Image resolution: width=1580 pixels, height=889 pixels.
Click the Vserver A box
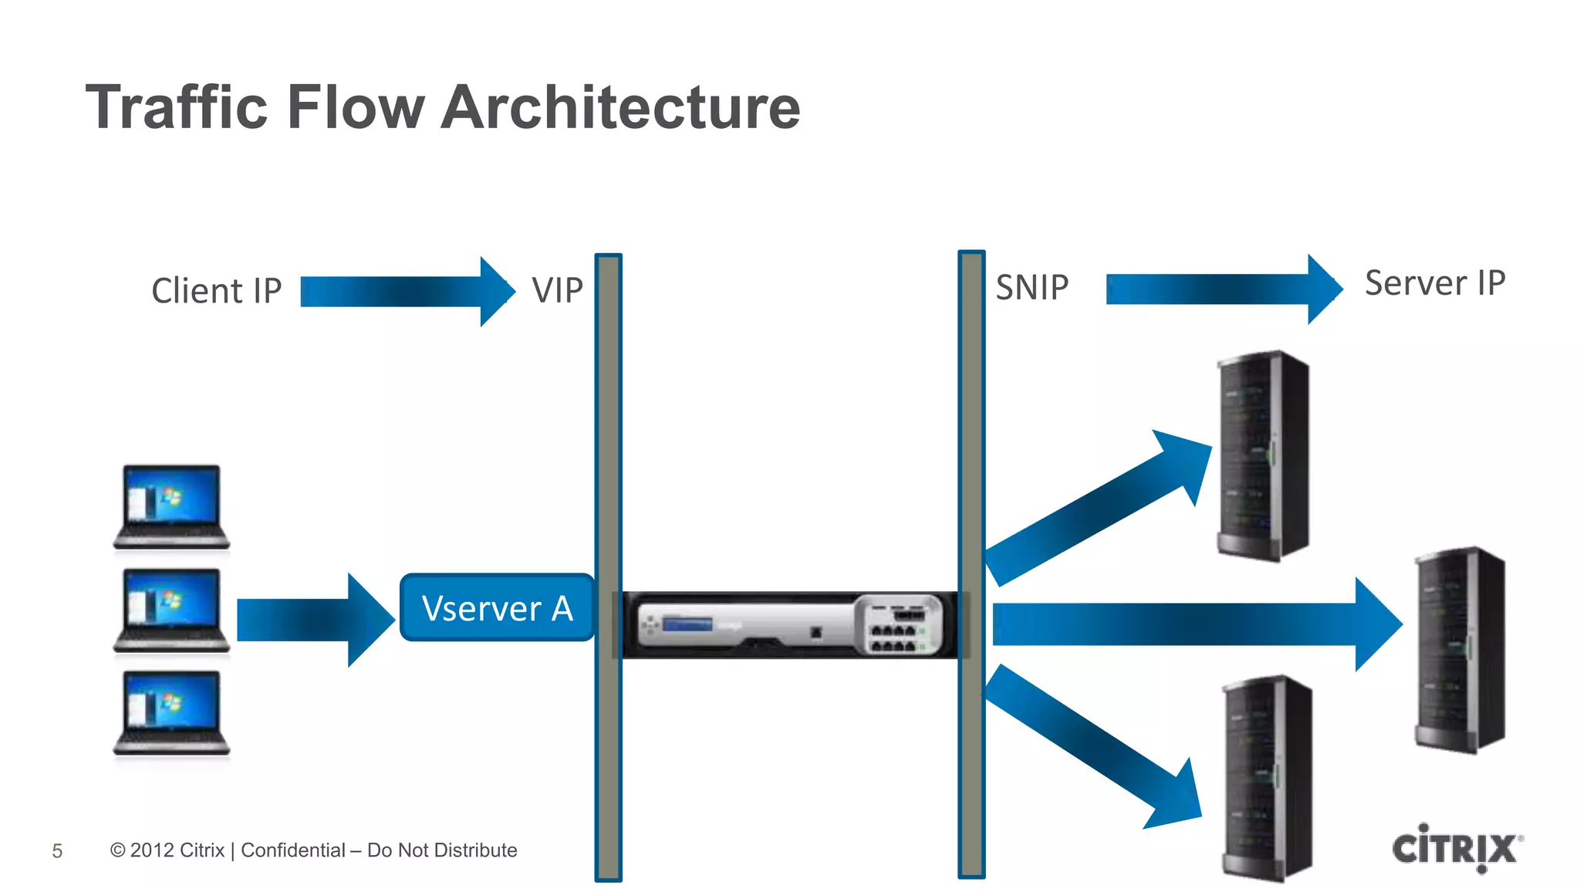497,607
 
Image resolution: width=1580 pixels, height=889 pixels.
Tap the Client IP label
217,291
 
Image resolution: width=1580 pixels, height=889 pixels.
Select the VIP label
557,291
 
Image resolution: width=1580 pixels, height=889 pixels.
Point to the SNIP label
1031,288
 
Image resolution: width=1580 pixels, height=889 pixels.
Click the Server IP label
1434,283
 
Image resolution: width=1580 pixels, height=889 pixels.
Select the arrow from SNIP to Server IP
1222,289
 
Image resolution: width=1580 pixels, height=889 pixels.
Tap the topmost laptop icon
171,507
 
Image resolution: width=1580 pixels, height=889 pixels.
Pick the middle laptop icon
171,610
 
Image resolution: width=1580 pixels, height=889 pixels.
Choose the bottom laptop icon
171,712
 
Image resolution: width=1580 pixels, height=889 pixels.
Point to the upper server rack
1262,455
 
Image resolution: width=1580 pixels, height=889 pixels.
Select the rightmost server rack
1458,649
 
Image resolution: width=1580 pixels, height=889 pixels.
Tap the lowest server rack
1267,778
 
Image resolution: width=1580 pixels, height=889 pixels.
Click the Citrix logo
1456,848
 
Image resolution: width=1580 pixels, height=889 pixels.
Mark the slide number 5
57,851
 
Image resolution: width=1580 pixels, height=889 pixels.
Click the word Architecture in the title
621,107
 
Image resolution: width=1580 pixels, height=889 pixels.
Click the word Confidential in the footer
292,850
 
